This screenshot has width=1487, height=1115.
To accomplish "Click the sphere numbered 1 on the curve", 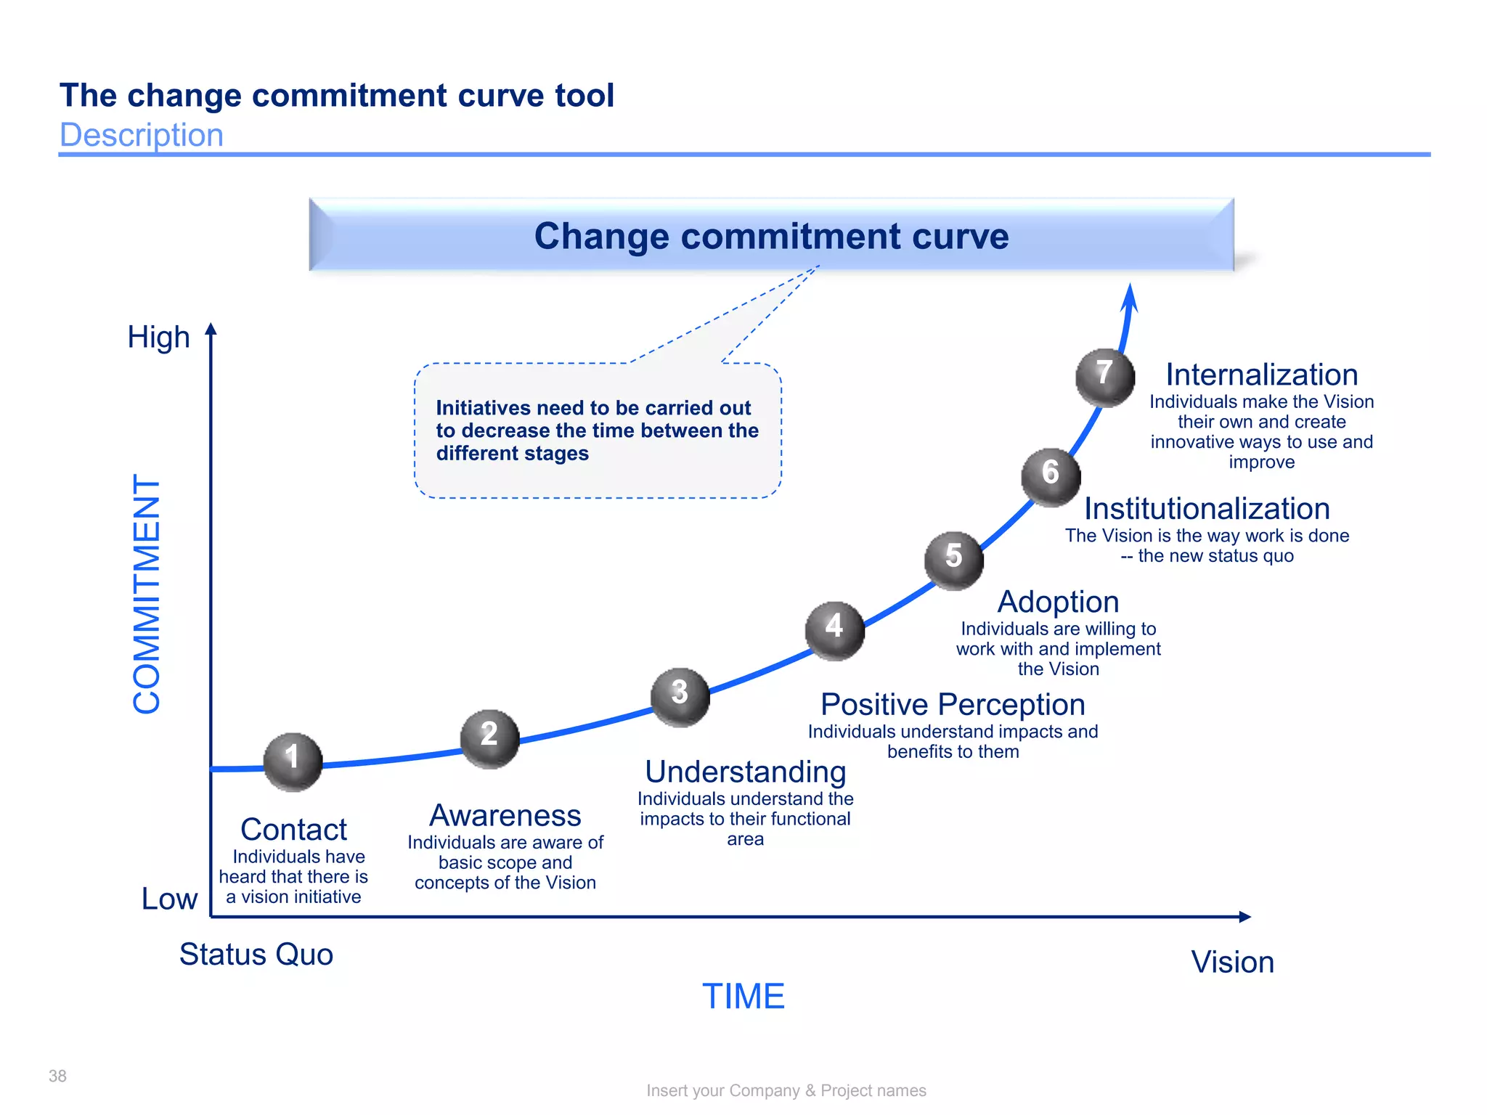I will click(x=293, y=761).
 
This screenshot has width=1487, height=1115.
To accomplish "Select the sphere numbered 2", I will click(x=490, y=738).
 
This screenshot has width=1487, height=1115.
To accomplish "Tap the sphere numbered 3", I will click(x=680, y=696).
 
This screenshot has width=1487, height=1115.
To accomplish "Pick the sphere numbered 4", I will click(x=835, y=630).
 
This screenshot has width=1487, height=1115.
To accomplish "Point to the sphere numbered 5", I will click(x=954, y=560).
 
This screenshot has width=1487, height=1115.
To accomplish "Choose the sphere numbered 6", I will click(x=1051, y=477).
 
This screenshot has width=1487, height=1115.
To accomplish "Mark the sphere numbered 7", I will click(x=1104, y=377).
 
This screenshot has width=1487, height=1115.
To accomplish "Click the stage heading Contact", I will click(x=293, y=829).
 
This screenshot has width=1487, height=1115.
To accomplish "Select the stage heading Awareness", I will click(x=505, y=815).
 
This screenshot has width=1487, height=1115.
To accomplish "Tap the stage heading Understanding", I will click(x=746, y=772).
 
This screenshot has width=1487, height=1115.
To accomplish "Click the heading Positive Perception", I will click(x=953, y=704).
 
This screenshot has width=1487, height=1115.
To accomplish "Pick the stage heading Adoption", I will click(x=1058, y=602).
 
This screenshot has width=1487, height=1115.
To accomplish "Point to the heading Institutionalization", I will click(x=1207, y=509).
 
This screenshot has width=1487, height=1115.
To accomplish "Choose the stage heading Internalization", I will click(x=1262, y=375).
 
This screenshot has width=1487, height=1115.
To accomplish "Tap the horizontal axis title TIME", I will click(x=743, y=996).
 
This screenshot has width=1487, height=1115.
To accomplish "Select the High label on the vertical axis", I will click(x=158, y=338).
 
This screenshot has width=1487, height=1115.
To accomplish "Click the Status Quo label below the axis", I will click(x=256, y=955).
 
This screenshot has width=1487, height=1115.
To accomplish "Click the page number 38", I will click(x=57, y=1076).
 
